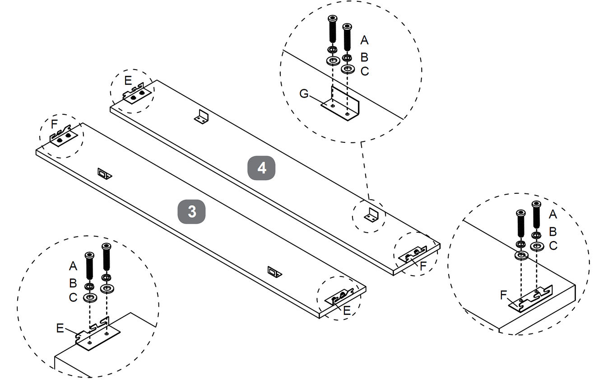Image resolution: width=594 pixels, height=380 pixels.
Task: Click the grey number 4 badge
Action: pyautogui.click(x=262, y=168)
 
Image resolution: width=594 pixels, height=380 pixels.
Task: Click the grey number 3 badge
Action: pyautogui.click(x=192, y=211)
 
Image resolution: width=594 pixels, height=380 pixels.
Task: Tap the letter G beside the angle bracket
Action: pyautogui.click(x=304, y=94)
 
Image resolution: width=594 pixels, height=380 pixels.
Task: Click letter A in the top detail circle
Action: pyautogui.click(x=364, y=40)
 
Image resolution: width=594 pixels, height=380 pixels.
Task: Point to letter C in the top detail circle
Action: pyautogui.click(x=365, y=71)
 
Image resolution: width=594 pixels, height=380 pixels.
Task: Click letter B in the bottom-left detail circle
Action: pyautogui.click(x=73, y=283)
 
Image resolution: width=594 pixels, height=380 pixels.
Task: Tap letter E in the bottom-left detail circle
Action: pyautogui.click(x=60, y=328)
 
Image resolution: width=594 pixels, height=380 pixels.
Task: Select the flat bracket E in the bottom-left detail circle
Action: pyautogui.click(x=97, y=334)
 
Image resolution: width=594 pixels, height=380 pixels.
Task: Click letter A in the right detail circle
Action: pyautogui.click(x=552, y=215)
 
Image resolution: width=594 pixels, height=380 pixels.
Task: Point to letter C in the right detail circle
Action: pyautogui.click(x=553, y=246)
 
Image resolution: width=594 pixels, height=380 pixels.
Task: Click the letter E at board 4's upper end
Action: pyautogui.click(x=128, y=81)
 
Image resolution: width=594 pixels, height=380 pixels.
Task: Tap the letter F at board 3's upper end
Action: pyautogui.click(x=54, y=123)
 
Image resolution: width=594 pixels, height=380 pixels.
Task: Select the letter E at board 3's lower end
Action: pyautogui.click(x=347, y=310)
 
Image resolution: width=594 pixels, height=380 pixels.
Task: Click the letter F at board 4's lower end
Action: pyautogui.click(x=422, y=266)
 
